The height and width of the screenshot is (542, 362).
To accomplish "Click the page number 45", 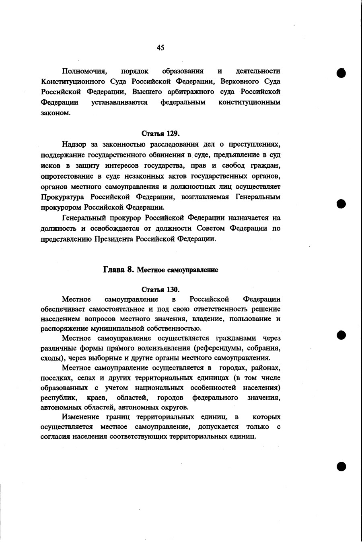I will [160, 48].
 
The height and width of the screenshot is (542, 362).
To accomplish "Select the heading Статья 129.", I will [160, 134].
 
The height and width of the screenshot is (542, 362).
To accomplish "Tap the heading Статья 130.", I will [160, 289].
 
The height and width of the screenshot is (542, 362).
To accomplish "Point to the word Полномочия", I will [84, 71].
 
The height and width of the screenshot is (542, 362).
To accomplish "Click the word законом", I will [56, 113].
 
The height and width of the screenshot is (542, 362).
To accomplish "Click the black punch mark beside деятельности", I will [341, 73].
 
